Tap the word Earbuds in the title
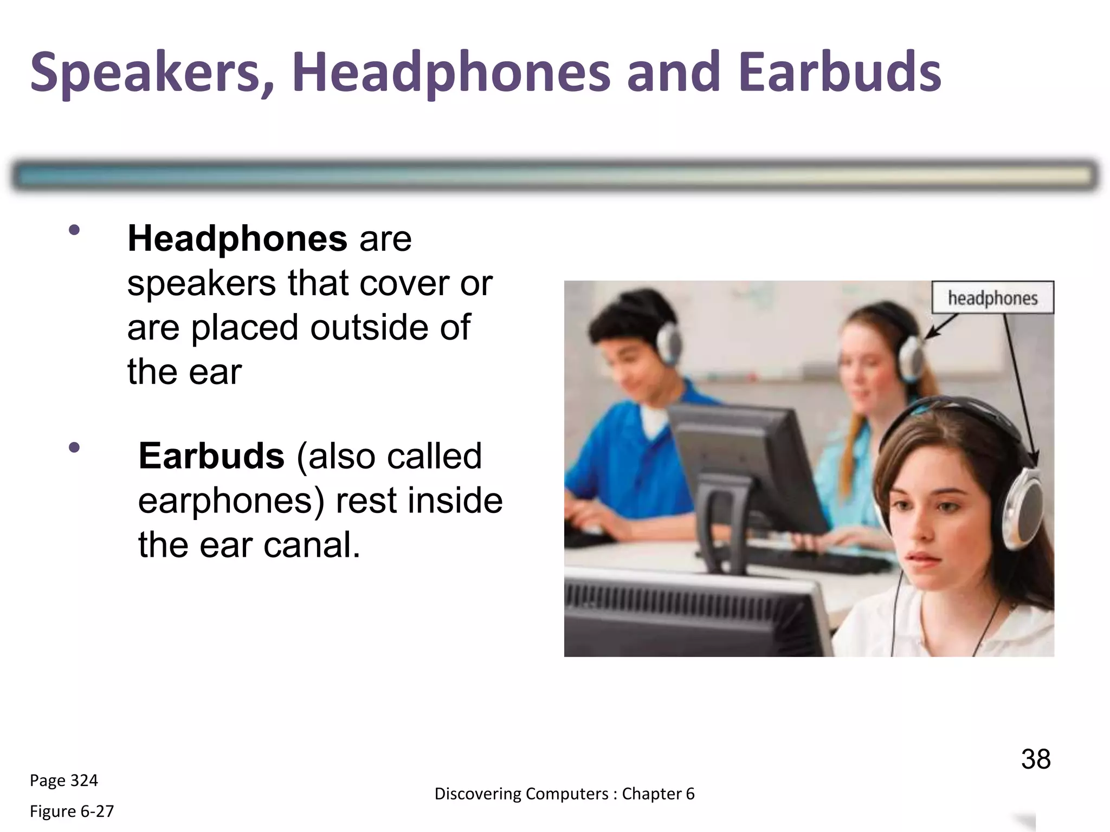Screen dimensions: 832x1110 coord(840,72)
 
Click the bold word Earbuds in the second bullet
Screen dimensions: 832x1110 coord(211,456)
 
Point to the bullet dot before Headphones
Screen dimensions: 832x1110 coord(74,230)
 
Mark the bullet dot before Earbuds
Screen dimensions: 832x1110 coord(74,447)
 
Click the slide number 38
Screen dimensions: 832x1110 coord(1035,759)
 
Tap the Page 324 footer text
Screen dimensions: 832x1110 coord(63,780)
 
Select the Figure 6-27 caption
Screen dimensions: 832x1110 coord(72,811)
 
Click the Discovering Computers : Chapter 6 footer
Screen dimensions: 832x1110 coord(564,794)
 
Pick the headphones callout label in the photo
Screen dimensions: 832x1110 coord(992,298)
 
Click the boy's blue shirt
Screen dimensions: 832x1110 coord(618,450)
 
